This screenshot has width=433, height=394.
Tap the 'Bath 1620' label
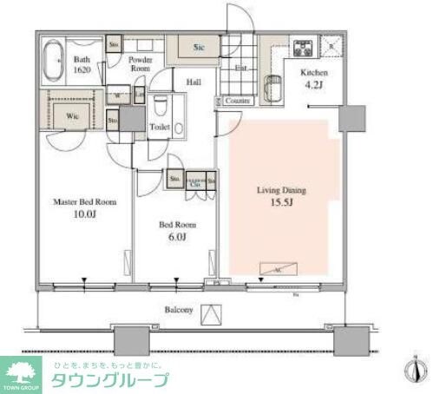point(82,63)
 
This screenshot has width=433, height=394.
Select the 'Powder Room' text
point(141,64)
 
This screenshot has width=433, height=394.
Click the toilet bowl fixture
point(160,108)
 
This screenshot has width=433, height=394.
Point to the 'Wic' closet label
point(73,113)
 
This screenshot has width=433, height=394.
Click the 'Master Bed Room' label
point(84,202)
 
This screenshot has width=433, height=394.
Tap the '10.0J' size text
point(84,214)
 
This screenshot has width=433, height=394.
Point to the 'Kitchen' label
point(314,73)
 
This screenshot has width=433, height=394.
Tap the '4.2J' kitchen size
point(314,86)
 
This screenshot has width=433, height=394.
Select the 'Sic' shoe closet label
point(199,49)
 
